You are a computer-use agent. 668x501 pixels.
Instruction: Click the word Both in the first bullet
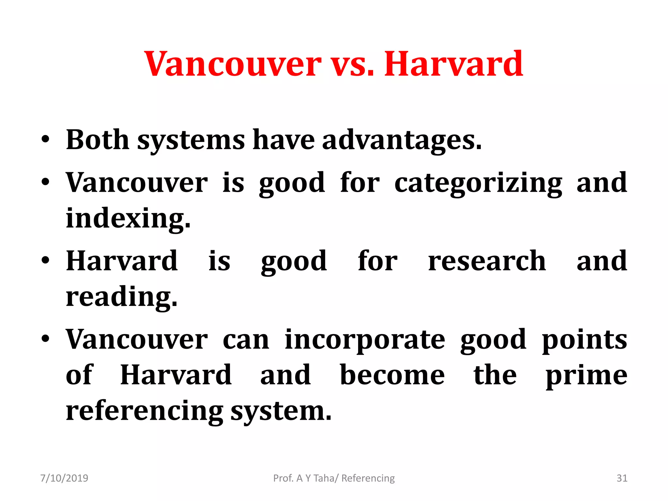98,140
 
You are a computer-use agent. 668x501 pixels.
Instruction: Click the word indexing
128,219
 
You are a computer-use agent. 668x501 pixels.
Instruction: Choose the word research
487,261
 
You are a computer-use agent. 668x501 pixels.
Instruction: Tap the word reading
121,297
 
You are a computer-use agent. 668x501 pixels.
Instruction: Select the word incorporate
365,340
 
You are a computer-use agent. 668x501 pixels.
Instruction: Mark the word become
392,375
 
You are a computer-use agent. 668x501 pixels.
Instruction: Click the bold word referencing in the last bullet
144,411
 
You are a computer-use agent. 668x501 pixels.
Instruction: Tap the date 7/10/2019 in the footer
64,478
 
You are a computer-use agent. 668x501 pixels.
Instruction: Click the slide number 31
622,478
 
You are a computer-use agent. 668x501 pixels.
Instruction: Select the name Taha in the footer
326,478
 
